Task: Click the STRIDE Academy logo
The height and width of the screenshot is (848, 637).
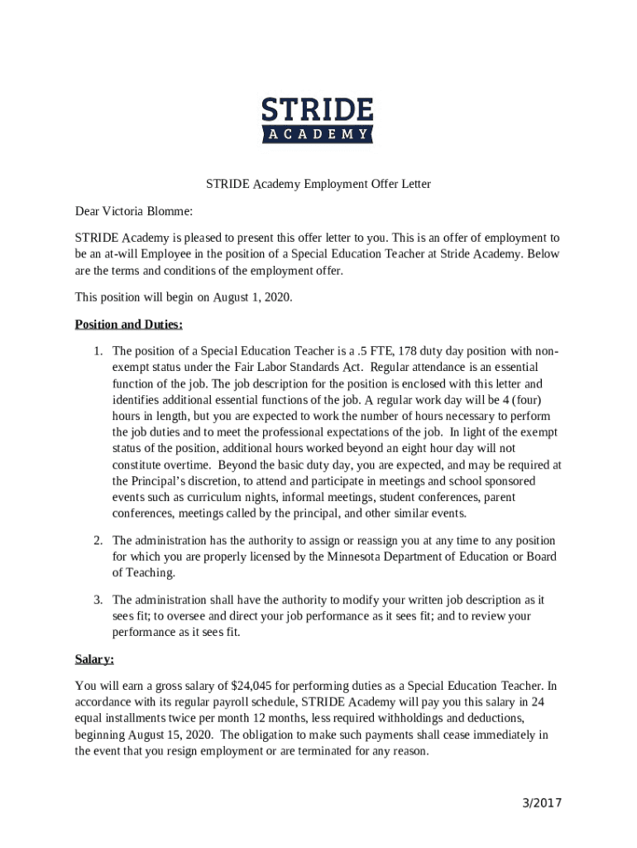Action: (x=318, y=120)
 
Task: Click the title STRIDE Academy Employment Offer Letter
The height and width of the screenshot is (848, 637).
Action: (x=318, y=184)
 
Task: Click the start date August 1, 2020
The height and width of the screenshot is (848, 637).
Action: (x=251, y=296)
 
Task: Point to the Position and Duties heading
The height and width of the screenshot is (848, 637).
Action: (x=128, y=324)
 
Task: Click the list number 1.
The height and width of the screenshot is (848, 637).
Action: (x=98, y=351)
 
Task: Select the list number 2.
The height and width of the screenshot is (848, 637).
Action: (x=98, y=540)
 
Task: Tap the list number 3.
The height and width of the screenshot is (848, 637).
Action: (x=98, y=600)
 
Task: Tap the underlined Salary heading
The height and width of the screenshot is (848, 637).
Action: (x=94, y=659)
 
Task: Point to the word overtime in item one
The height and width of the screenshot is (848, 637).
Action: (x=180, y=465)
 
